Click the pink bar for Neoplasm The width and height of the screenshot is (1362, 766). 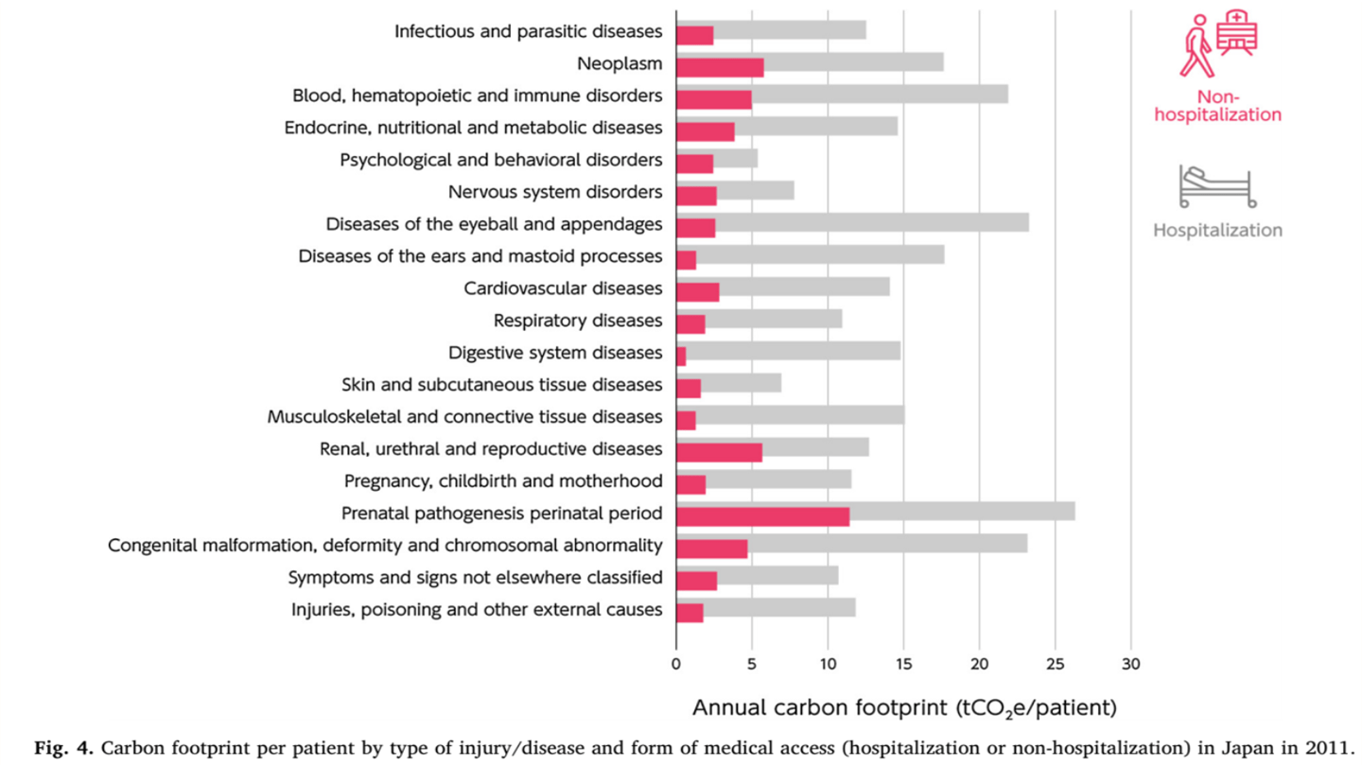[720, 66]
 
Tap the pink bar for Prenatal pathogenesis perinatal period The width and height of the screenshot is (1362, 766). [762, 516]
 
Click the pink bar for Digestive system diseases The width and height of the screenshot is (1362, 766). [681, 356]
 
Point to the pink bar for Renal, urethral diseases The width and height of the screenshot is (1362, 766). [719, 452]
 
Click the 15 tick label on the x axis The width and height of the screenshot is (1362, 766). [903, 663]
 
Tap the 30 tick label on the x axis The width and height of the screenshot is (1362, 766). [1130, 663]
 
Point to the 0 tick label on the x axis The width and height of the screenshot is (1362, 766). [676, 663]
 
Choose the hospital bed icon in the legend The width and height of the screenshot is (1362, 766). [1216, 186]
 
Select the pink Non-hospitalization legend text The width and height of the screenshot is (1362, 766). [1218, 106]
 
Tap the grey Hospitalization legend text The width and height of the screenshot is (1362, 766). [1218, 231]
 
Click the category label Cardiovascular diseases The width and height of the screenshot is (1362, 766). [563, 289]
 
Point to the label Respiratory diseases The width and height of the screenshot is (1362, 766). [578, 322]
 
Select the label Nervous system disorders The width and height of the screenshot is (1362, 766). [555, 193]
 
